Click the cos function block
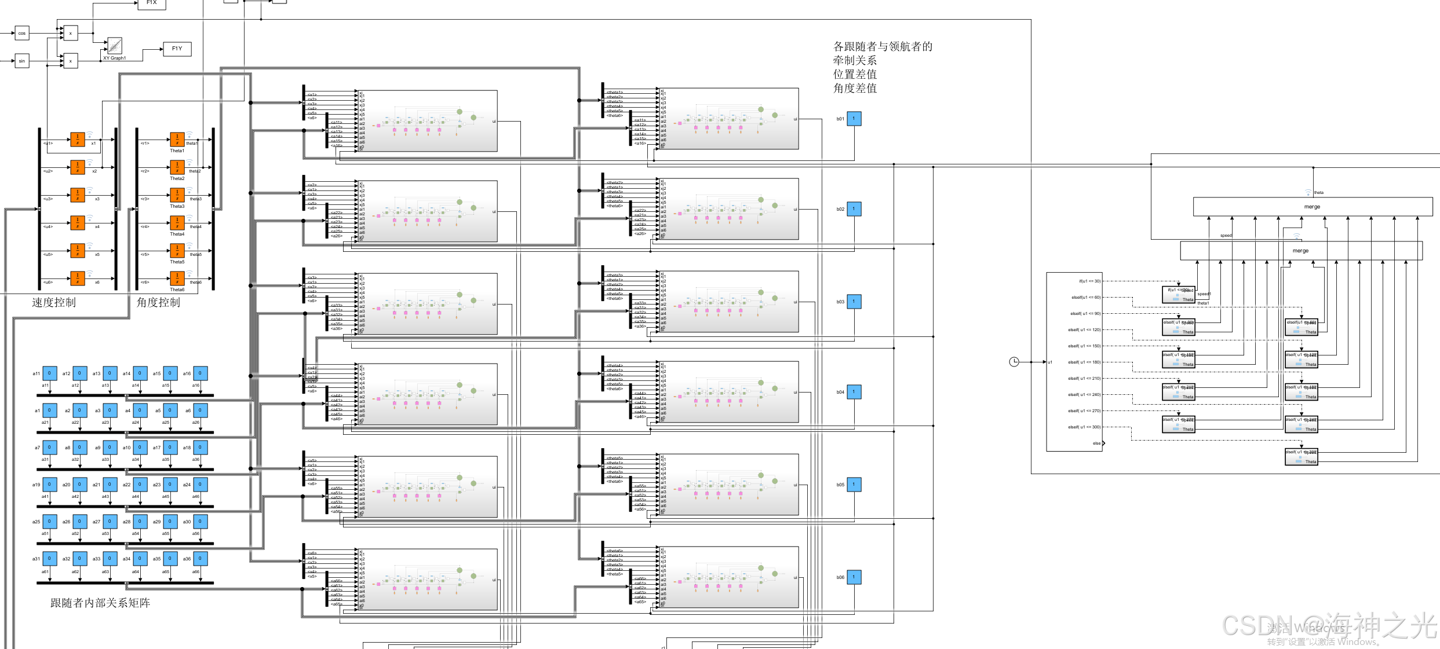tap(22, 33)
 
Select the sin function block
tap(22, 61)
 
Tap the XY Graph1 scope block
tap(115, 46)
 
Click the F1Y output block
tap(177, 49)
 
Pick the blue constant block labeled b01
tap(854, 119)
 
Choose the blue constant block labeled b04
tap(854, 392)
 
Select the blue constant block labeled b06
tap(854, 577)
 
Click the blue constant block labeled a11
tap(50, 373)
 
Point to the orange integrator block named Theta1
tap(177, 140)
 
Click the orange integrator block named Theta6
tap(177, 278)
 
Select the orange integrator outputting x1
tap(78, 140)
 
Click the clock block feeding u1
tap(1014, 362)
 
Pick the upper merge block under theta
tap(1313, 207)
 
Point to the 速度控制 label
tap(54, 302)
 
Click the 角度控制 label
tap(158, 302)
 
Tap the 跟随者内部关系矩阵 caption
tap(100, 603)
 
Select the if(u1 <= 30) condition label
tap(1089, 281)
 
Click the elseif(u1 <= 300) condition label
tap(1084, 427)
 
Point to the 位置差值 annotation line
tap(855, 74)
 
